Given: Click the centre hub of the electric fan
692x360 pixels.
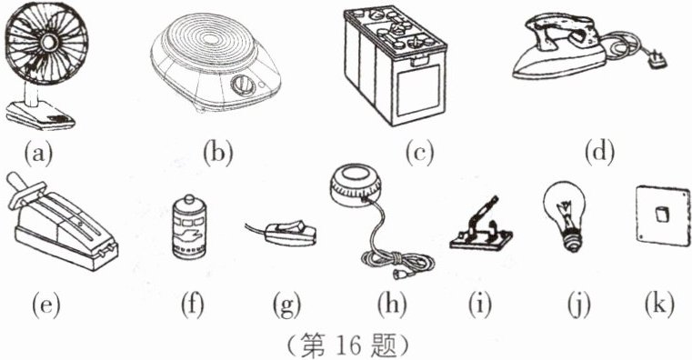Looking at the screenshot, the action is pos(47,42).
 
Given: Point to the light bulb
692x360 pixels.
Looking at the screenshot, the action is pos(565,216).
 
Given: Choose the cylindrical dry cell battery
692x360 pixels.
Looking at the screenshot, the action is pos(190,226).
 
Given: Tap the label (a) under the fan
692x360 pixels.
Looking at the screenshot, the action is pos(38,154).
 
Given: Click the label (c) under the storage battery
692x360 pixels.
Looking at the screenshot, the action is pos(419,154).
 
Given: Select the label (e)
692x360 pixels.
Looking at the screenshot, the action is pos(45,305).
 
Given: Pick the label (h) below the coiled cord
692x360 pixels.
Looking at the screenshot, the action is pos(392,305).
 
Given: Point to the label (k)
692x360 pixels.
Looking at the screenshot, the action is pos(659,305).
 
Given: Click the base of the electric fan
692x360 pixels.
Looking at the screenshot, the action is pos(41,115).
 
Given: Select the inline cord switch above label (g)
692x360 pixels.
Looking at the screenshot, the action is pos(282,233).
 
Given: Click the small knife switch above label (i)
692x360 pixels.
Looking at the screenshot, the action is pos(481,225).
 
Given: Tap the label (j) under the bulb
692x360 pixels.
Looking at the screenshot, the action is pos(579,306).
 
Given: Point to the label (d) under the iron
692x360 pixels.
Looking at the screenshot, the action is pos(599,154).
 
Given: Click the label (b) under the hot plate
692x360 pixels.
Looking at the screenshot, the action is pos(217,154).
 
